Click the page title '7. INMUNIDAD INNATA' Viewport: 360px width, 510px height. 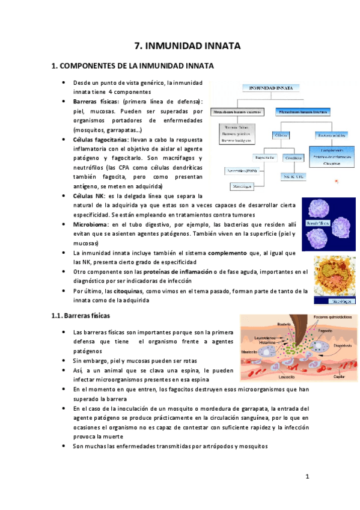click(x=186, y=46)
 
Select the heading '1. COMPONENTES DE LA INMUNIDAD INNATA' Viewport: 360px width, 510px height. click(x=132, y=66)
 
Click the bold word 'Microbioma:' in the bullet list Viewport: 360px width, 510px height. click(x=90, y=224)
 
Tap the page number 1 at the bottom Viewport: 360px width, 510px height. click(x=307, y=478)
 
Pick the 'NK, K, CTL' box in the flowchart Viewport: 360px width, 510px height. click(x=294, y=177)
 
